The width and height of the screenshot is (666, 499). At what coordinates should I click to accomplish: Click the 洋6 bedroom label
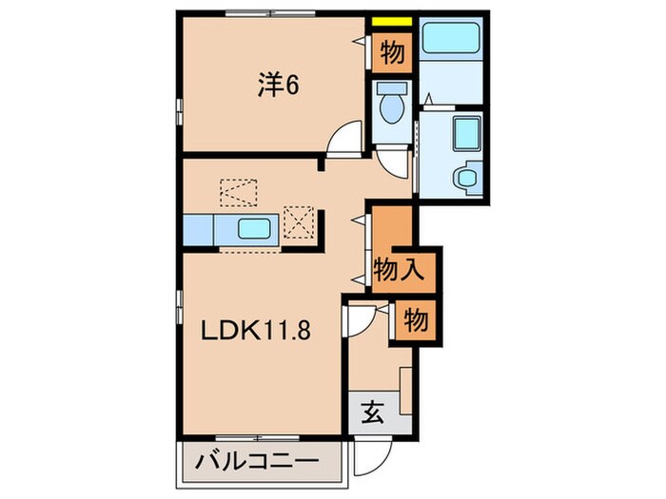(x=278, y=86)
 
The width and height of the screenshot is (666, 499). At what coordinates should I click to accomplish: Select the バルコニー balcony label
(x=256, y=463)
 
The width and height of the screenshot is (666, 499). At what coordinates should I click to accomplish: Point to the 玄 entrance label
(x=372, y=413)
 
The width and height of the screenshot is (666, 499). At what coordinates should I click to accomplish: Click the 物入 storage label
(x=397, y=269)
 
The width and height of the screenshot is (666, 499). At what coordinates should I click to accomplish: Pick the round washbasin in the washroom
(x=468, y=177)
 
